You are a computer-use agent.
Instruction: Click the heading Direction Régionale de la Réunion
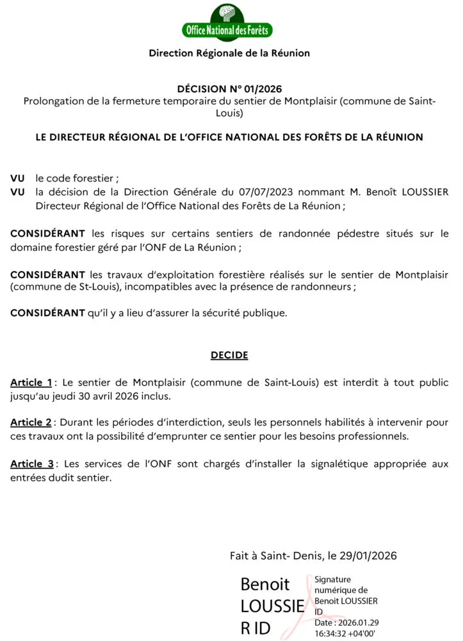click(229, 53)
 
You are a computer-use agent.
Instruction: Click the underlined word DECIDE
click(229, 354)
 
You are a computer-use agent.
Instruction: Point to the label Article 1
click(31, 383)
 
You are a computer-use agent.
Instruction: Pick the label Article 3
click(31, 463)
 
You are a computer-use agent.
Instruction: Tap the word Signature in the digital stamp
click(332, 579)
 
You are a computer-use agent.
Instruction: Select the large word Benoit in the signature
click(265, 585)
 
